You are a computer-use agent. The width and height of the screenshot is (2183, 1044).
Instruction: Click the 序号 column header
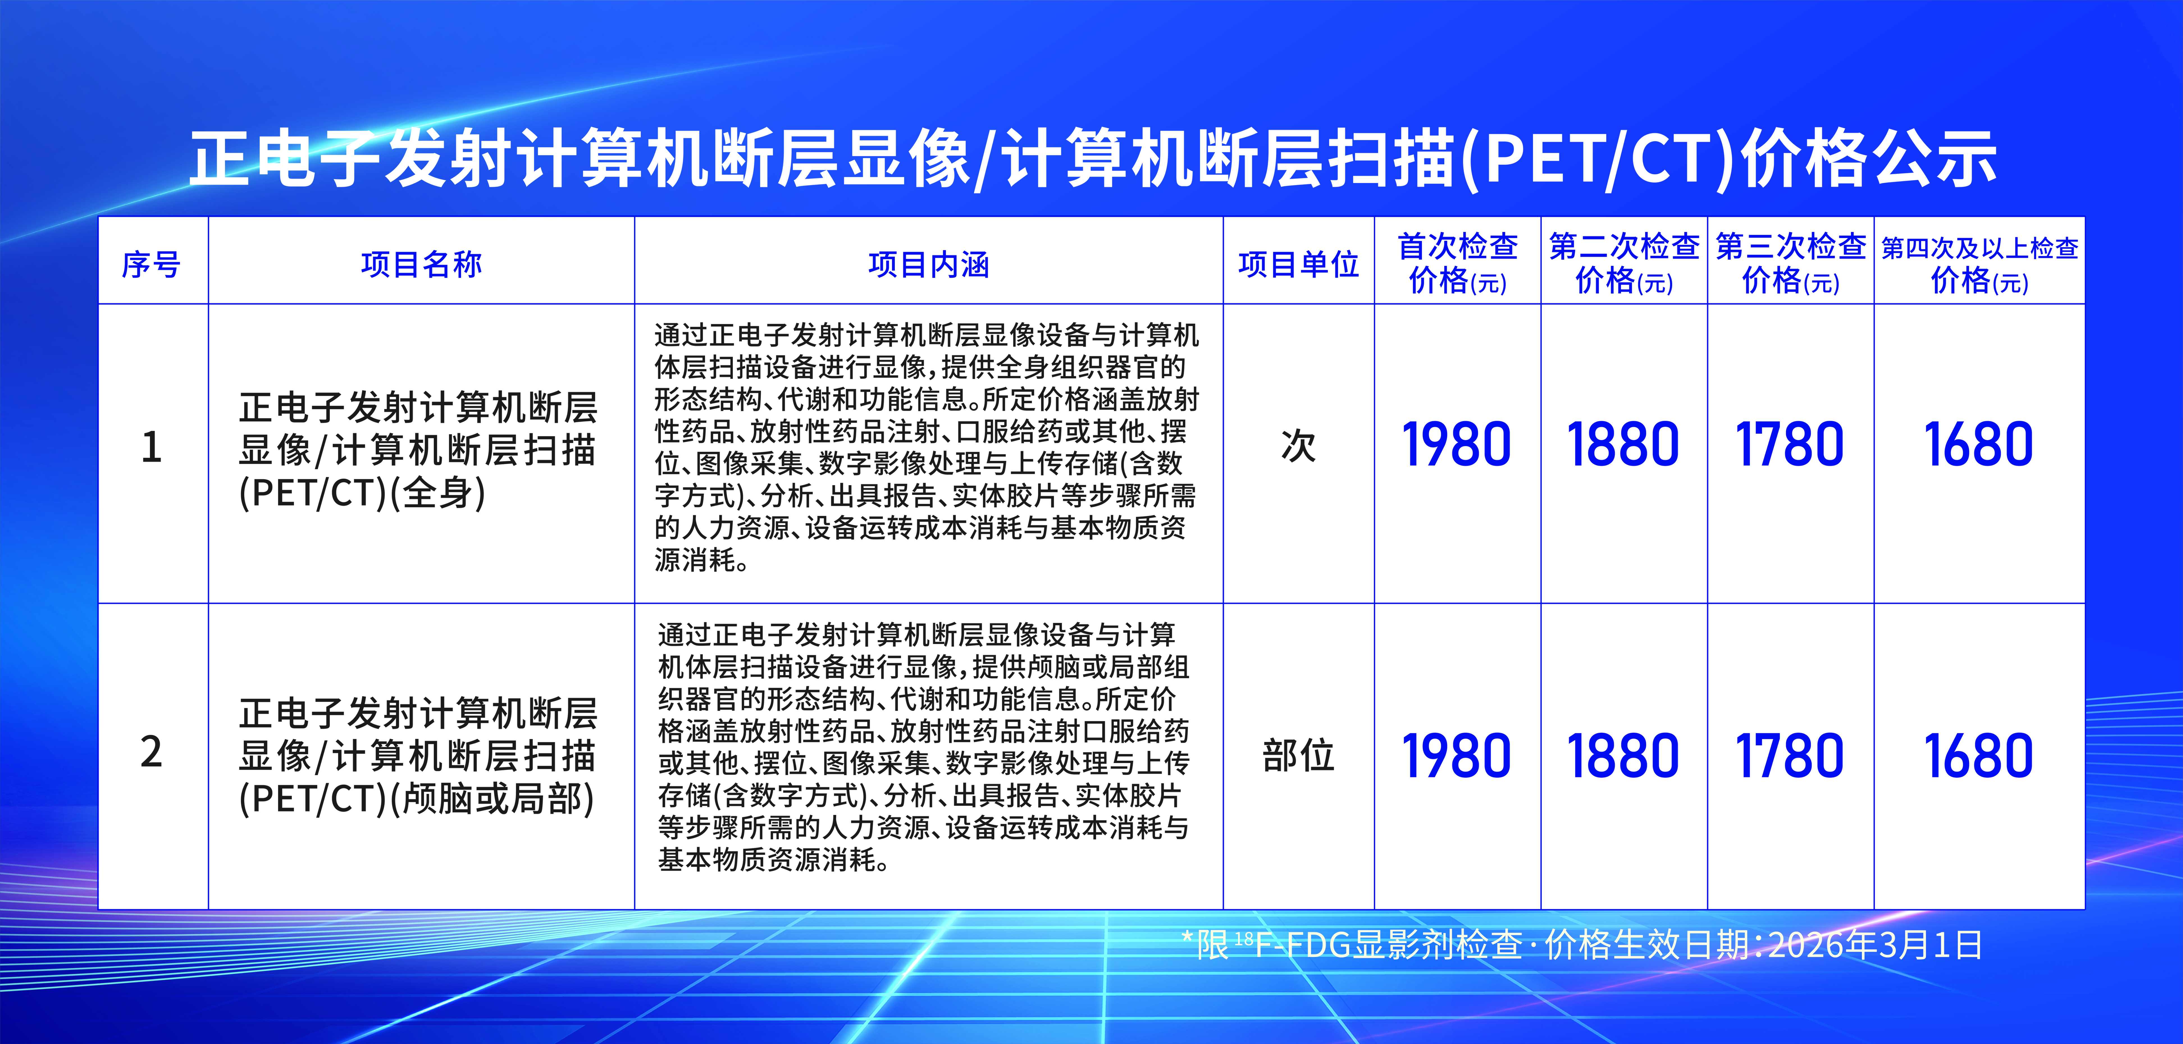click(x=151, y=264)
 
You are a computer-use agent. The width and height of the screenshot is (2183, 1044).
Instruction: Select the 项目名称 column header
click(x=421, y=264)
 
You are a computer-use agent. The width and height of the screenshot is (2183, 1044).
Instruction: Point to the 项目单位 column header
click(x=1298, y=264)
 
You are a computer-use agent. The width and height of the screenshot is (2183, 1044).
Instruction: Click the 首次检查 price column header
click(x=1457, y=263)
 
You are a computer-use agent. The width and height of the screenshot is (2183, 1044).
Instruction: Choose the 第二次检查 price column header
click(x=1624, y=263)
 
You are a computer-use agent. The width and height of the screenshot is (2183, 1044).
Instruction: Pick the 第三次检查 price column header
click(x=1791, y=263)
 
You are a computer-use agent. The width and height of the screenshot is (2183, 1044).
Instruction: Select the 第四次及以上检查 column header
click(x=1980, y=263)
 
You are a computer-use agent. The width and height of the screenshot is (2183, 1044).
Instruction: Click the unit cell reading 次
click(x=1298, y=447)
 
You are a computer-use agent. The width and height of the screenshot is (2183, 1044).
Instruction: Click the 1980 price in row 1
click(x=1457, y=445)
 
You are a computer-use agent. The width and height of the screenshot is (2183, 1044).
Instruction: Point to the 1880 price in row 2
click(x=1624, y=756)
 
